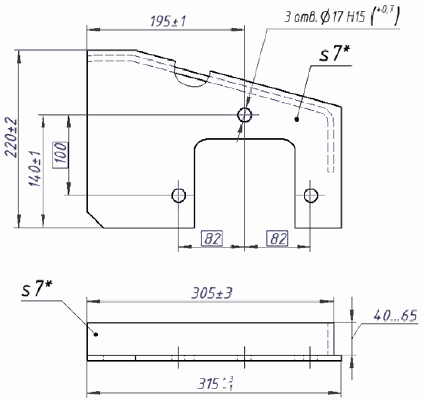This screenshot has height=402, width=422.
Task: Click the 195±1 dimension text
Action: coord(168,21)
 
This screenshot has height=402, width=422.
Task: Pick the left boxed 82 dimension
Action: coord(212,238)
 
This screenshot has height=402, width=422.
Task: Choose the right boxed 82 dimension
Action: coord(277,238)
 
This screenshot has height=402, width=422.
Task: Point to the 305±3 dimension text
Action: coord(211,293)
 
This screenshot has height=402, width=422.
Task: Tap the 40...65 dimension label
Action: coord(395,315)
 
